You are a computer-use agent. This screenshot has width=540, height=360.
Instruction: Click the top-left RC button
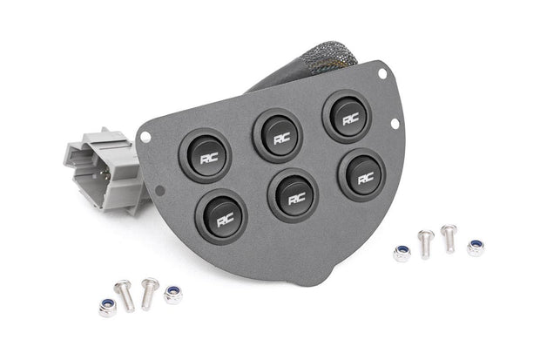(x=206, y=156)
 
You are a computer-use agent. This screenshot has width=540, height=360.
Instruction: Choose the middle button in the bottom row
(x=293, y=193)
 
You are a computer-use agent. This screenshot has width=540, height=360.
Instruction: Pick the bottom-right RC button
(x=361, y=173)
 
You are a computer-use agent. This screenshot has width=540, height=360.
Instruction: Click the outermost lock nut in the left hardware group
(x=107, y=307)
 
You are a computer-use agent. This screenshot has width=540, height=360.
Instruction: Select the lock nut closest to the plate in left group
(x=173, y=294)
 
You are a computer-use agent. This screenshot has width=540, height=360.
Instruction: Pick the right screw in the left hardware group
(x=150, y=289)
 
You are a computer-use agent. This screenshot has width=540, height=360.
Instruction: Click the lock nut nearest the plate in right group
(x=402, y=253)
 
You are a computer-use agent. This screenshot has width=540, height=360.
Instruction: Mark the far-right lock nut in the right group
(x=476, y=248)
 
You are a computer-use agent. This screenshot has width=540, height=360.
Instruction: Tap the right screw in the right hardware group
(x=449, y=235)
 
